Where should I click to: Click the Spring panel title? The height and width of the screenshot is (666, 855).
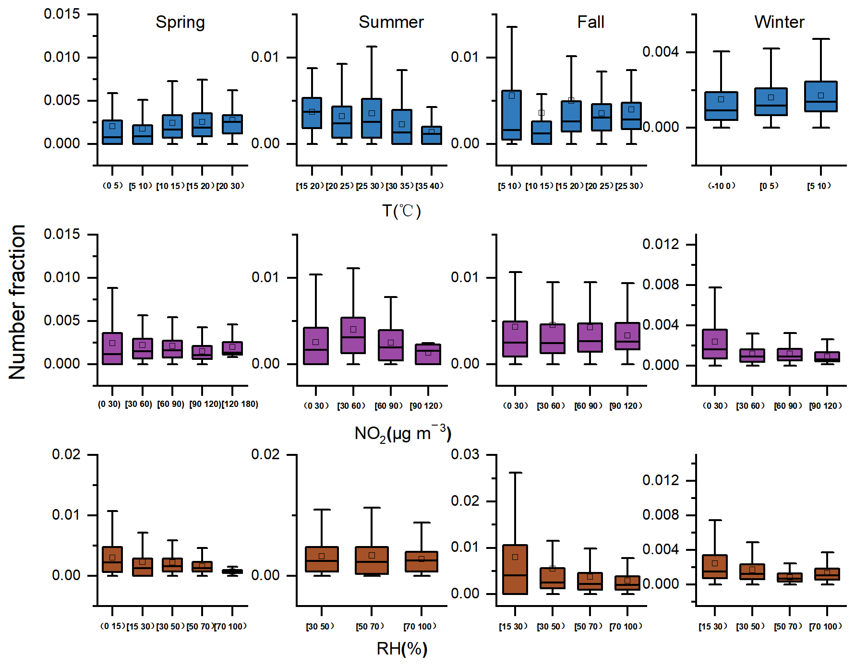180,23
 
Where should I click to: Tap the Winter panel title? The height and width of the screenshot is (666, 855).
779,22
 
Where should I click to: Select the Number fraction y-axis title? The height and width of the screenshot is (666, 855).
17,302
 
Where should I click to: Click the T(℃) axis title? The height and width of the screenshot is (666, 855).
401,211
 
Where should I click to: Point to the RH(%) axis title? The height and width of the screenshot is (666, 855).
402,649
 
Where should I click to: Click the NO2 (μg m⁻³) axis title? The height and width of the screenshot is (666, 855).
402,433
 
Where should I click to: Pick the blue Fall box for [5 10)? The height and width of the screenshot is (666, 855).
512,115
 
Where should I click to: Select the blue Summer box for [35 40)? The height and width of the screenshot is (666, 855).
432,135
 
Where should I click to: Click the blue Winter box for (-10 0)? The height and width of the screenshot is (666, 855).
721,106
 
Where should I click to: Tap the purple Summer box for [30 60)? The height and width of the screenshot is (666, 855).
353,335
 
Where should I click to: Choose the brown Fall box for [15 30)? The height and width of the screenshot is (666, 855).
515,570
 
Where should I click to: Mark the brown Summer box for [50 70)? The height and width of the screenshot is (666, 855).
372,560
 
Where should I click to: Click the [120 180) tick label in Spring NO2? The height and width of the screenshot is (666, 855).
240,404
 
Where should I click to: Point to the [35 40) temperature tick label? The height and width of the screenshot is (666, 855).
430,186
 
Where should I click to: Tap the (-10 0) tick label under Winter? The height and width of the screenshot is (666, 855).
722,186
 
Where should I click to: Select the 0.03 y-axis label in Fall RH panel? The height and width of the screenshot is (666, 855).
465,454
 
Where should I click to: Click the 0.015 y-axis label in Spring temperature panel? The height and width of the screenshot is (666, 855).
62,14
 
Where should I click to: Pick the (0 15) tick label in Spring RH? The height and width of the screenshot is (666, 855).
112,626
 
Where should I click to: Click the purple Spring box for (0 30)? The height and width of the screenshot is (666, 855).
112,348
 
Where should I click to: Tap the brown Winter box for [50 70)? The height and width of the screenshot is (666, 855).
790,577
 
